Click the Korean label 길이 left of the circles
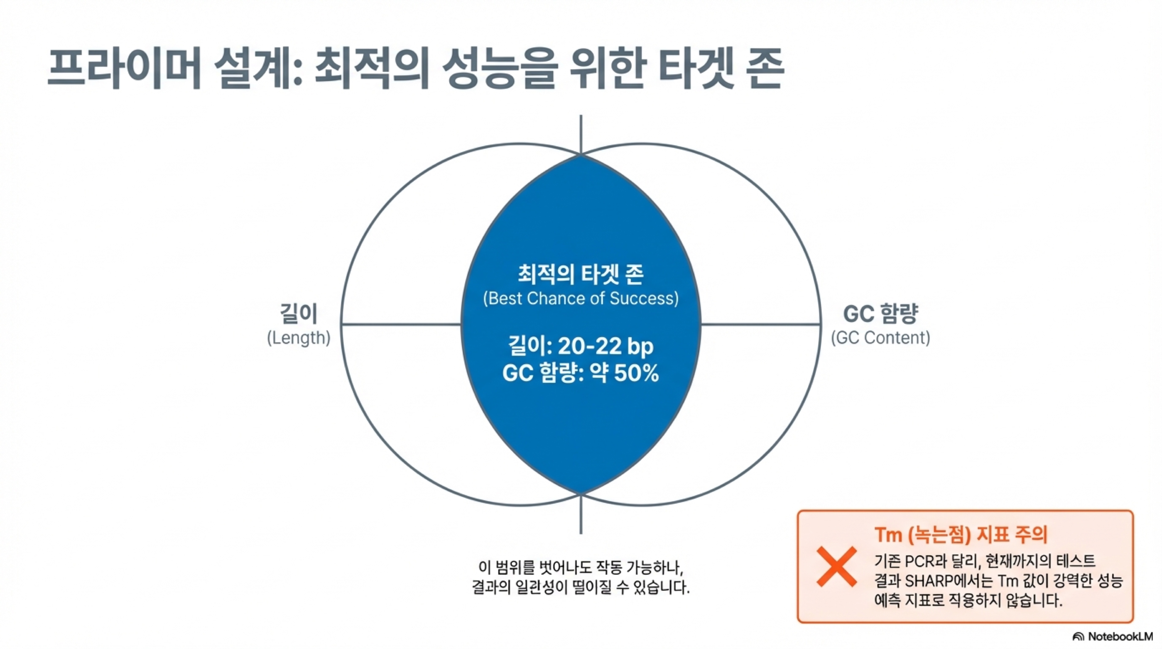(299, 313)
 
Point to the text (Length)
(299, 338)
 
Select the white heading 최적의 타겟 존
(581, 274)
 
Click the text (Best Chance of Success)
(581, 298)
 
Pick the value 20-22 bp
(605, 346)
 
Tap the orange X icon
(837, 566)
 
